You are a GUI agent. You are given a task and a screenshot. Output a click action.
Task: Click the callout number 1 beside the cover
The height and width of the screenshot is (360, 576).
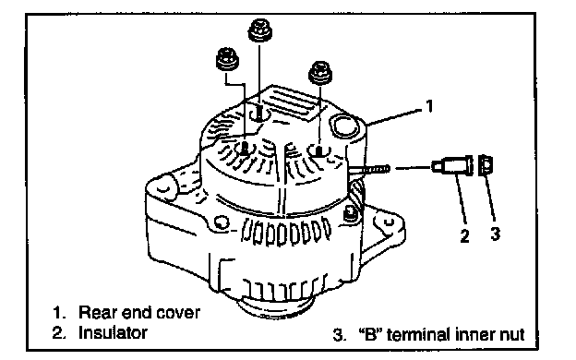coord(429,106)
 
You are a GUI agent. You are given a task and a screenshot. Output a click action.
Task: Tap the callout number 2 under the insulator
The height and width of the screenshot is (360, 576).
coord(464,235)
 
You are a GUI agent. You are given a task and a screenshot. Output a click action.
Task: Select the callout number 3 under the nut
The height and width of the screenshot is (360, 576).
coord(495,234)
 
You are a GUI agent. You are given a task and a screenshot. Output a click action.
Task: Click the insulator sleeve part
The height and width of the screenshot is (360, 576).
coord(452,165)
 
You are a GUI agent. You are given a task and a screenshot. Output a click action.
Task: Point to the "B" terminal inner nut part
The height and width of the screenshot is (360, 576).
coord(486,165)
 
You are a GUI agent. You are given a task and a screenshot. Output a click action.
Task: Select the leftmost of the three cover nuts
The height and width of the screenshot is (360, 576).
coord(227,59)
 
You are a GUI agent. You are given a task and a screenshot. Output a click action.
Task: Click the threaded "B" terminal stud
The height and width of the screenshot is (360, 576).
coord(369,169)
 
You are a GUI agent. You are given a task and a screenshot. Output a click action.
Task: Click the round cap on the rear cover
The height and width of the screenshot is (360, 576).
coord(344,126)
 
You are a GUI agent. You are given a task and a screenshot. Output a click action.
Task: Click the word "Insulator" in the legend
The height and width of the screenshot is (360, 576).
coord(113,332)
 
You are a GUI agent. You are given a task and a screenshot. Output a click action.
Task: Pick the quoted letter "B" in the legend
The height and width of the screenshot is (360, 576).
coord(370,335)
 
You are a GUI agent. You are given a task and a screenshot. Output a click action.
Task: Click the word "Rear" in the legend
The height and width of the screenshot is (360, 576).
coord(97,313)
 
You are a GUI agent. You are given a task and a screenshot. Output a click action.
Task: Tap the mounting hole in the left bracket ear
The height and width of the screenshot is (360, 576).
coord(163,188)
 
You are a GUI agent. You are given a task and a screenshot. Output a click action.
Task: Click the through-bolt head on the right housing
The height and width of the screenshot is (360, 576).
coord(350,214)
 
